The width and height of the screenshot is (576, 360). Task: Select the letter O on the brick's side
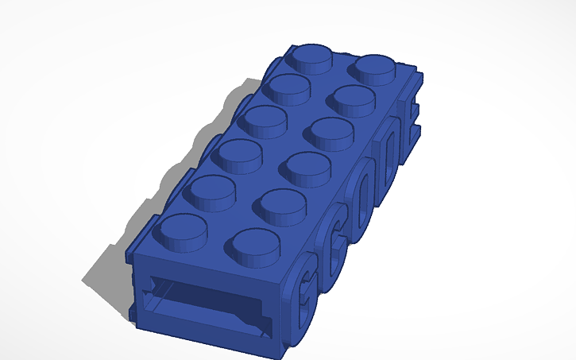(x=360, y=192)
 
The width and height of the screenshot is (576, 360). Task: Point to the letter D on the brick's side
(x=387, y=148)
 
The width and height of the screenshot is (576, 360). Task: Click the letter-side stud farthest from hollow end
(x=375, y=67)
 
